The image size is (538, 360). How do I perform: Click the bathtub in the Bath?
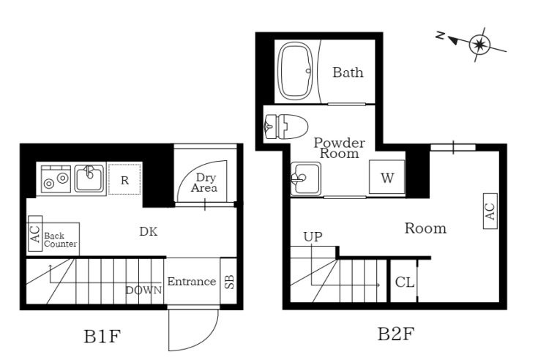297,71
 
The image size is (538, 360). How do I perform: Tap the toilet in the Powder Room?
286,127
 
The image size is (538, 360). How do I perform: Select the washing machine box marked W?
387,177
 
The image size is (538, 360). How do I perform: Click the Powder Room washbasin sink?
306,179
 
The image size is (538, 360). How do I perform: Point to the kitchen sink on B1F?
89,179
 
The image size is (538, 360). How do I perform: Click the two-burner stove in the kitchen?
56,179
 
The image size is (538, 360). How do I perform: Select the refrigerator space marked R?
125,179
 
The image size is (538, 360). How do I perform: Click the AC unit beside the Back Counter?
35,233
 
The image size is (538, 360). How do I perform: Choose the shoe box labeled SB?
228,281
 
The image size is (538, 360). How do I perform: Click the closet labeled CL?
404,281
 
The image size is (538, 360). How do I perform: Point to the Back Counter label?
60,240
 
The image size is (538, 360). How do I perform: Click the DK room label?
149,232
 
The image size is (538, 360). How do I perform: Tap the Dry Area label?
204,182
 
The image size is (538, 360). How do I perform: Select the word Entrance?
192,282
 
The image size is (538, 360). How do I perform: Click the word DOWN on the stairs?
143,290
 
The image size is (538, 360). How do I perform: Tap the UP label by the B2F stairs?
313,236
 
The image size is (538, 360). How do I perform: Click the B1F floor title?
102,337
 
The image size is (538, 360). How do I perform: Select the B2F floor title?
395,334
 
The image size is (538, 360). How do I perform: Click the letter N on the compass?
441,35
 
